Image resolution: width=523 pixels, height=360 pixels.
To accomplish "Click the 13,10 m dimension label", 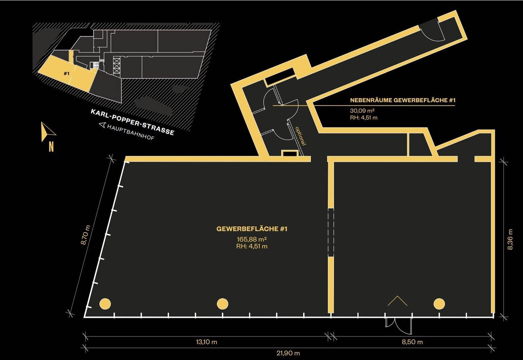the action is (x=206, y=342).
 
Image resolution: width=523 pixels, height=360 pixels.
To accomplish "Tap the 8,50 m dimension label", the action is (x=412, y=342).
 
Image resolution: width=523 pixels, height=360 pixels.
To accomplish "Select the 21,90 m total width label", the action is (x=288, y=353).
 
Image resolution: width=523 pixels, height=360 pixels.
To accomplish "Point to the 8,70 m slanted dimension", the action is (x=85, y=235).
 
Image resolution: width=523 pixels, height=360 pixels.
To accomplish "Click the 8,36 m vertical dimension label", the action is (x=510, y=240).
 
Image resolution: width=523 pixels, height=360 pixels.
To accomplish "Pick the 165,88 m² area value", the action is (x=252, y=240).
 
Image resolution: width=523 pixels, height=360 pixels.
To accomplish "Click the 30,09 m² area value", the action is (x=362, y=111).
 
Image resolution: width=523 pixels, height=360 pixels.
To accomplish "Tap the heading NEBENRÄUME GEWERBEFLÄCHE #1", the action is (x=403, y=100).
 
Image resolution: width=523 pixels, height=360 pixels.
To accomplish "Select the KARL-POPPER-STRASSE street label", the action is (x=132, y=122).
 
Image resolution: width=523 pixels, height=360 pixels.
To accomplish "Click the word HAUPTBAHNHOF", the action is (x=131, y=132).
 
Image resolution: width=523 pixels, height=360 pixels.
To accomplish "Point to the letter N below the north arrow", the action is (x=51, y=147).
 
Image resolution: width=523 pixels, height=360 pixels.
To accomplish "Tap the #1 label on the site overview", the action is (x=66, y=74).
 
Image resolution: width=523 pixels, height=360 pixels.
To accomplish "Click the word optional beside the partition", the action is (x=300, y=136).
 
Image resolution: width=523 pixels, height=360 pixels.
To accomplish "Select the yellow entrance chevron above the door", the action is (x=397, y=301).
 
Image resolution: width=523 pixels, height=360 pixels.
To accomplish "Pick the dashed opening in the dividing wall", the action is (x=331, y=232).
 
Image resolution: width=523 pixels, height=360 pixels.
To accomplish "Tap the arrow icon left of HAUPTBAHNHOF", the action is (x=102, y=125).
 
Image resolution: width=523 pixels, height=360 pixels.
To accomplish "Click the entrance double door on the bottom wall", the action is (x=398, y=326).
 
